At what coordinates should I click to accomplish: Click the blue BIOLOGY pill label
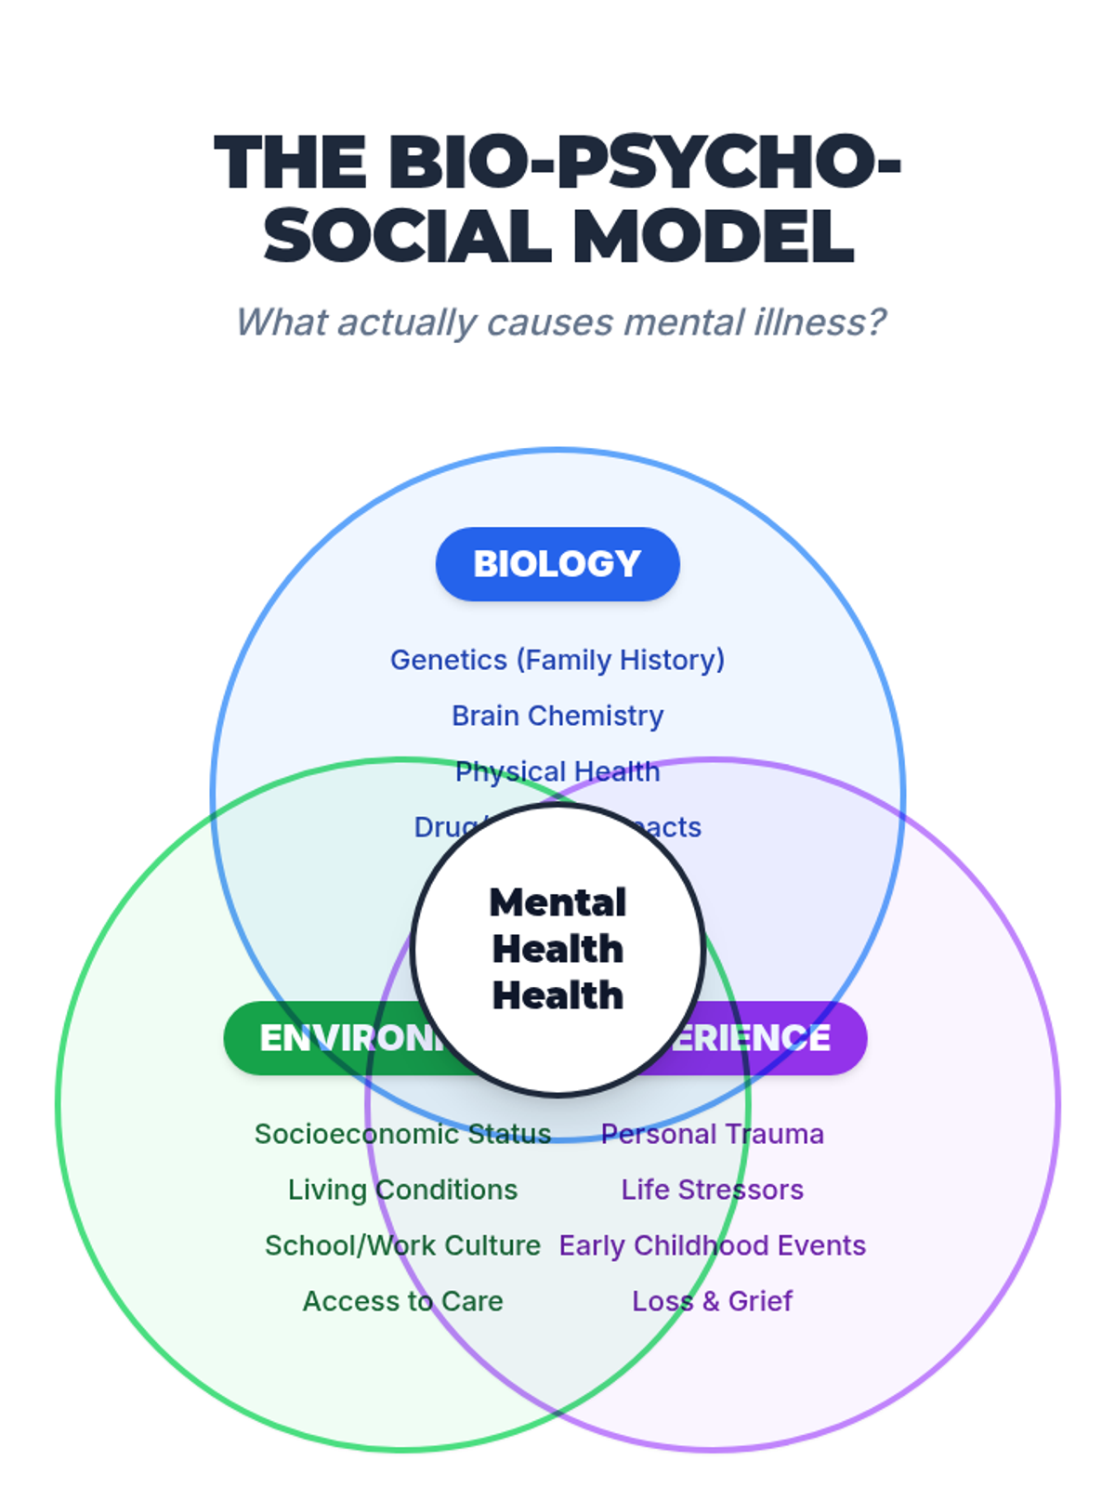557,564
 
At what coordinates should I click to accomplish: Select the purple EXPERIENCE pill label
771,1038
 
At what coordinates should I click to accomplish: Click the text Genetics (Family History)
557,660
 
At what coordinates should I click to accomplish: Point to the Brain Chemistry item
557,716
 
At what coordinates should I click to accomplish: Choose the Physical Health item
557,771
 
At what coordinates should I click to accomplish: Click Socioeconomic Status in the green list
402,1134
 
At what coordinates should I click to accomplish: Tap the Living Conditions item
402,1190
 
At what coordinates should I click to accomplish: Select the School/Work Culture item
402,1245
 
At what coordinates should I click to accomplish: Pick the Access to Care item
402,1301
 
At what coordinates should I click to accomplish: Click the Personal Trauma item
713,1134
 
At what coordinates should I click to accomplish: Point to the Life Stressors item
713,1190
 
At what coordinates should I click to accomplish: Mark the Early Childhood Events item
713,1245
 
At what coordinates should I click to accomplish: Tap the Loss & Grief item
713,1301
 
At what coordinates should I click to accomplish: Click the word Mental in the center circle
557,902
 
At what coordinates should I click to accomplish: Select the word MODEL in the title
714,236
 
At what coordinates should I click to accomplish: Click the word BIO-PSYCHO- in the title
645,163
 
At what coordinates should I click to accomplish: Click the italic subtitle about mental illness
559,322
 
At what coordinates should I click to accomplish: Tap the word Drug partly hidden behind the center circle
444,826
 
